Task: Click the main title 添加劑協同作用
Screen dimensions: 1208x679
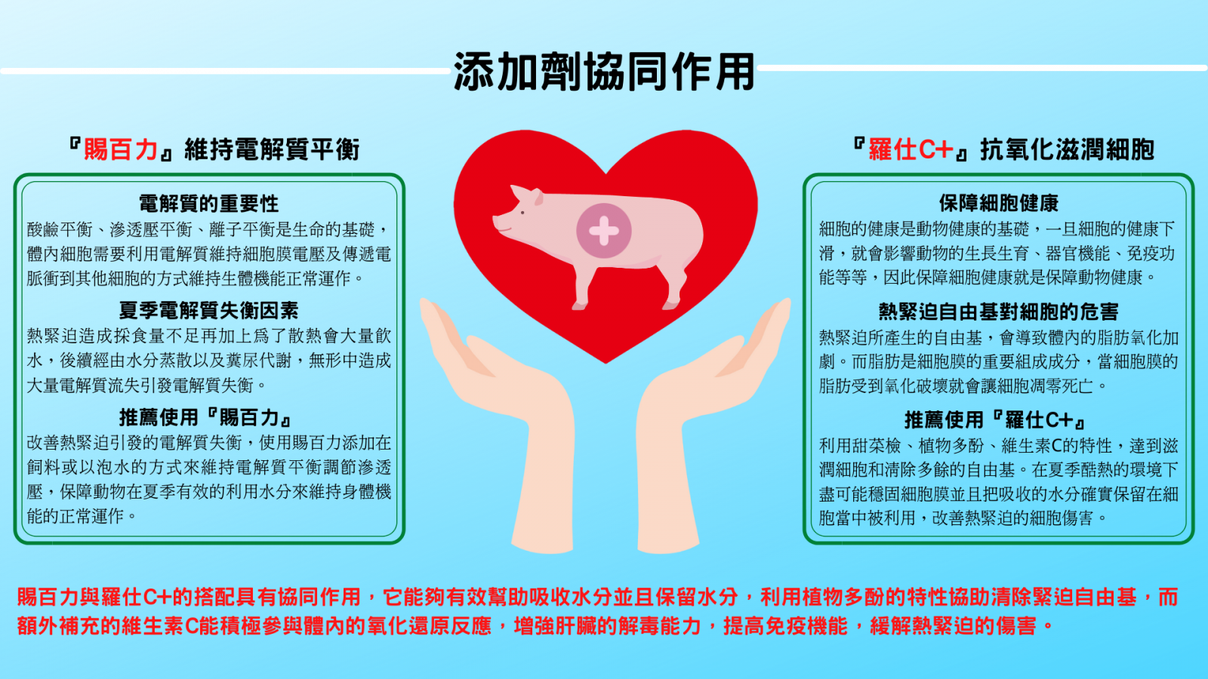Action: [x=604, y=72]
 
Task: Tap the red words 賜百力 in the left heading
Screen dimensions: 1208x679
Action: [x=120, y=149]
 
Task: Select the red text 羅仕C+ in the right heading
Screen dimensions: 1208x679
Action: [x=911, y=149]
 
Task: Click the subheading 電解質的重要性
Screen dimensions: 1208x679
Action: [x=208, y=204]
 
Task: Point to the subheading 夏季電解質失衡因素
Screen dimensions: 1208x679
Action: [x=208, y=310]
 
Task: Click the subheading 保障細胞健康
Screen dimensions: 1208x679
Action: [x=999, y=203]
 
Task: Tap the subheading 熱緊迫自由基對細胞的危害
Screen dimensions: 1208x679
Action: [x=999, y=312]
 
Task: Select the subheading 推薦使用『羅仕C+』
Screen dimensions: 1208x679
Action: [x=997, y=419]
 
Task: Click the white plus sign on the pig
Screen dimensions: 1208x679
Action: [x=604, y=231]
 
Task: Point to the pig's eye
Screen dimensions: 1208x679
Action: [x=522, y=214]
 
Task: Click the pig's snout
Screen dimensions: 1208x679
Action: [x=498, y=222]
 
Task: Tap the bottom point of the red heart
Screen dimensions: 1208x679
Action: [x=606, y=364]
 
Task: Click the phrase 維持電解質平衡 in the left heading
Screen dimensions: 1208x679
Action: [x=272, y=149]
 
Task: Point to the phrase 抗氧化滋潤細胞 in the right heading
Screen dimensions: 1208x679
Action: [x=1068, y=149]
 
